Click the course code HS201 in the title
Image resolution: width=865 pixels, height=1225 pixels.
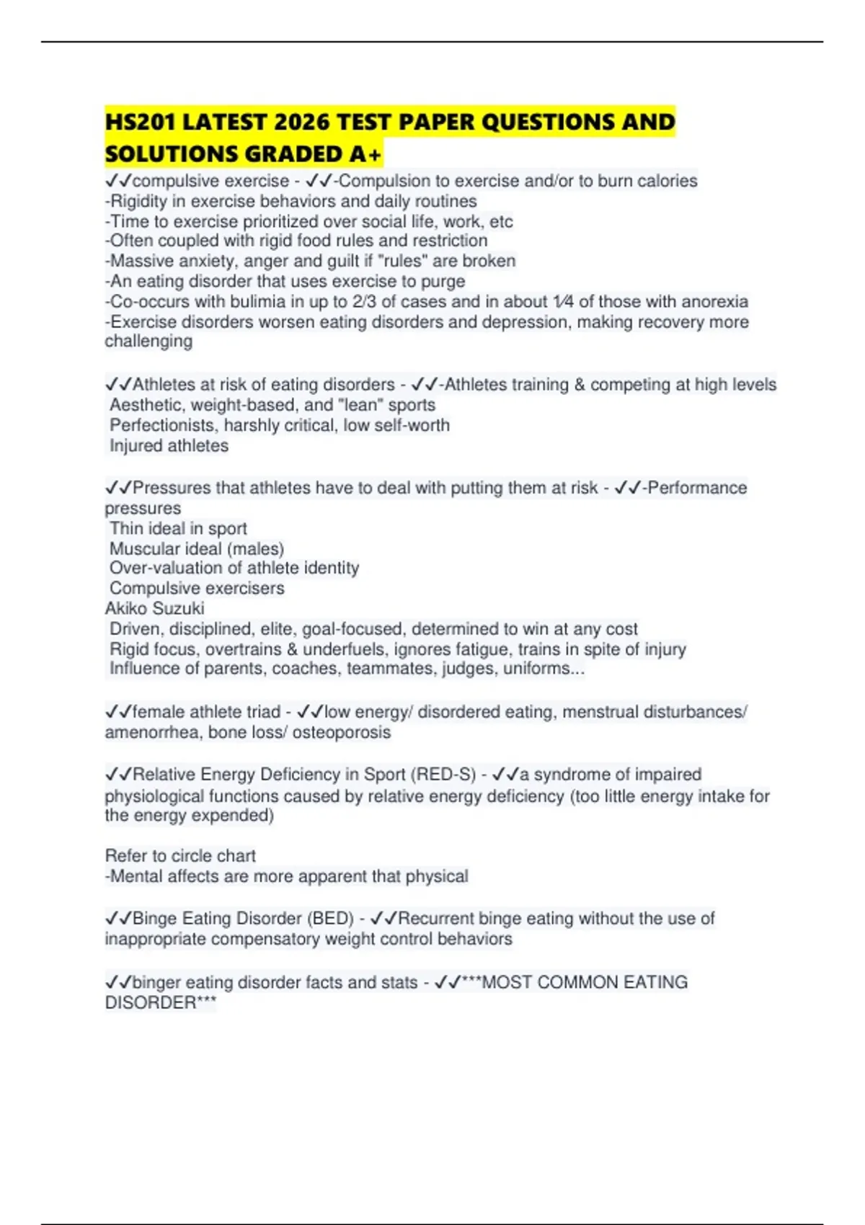tap(141, 122)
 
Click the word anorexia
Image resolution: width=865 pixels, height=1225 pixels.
tap(714, 301)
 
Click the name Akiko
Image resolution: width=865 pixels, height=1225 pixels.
tap(128, 608)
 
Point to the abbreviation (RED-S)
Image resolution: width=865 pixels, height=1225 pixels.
tap(443, 775)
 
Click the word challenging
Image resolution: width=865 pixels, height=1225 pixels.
tap(148, 342)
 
